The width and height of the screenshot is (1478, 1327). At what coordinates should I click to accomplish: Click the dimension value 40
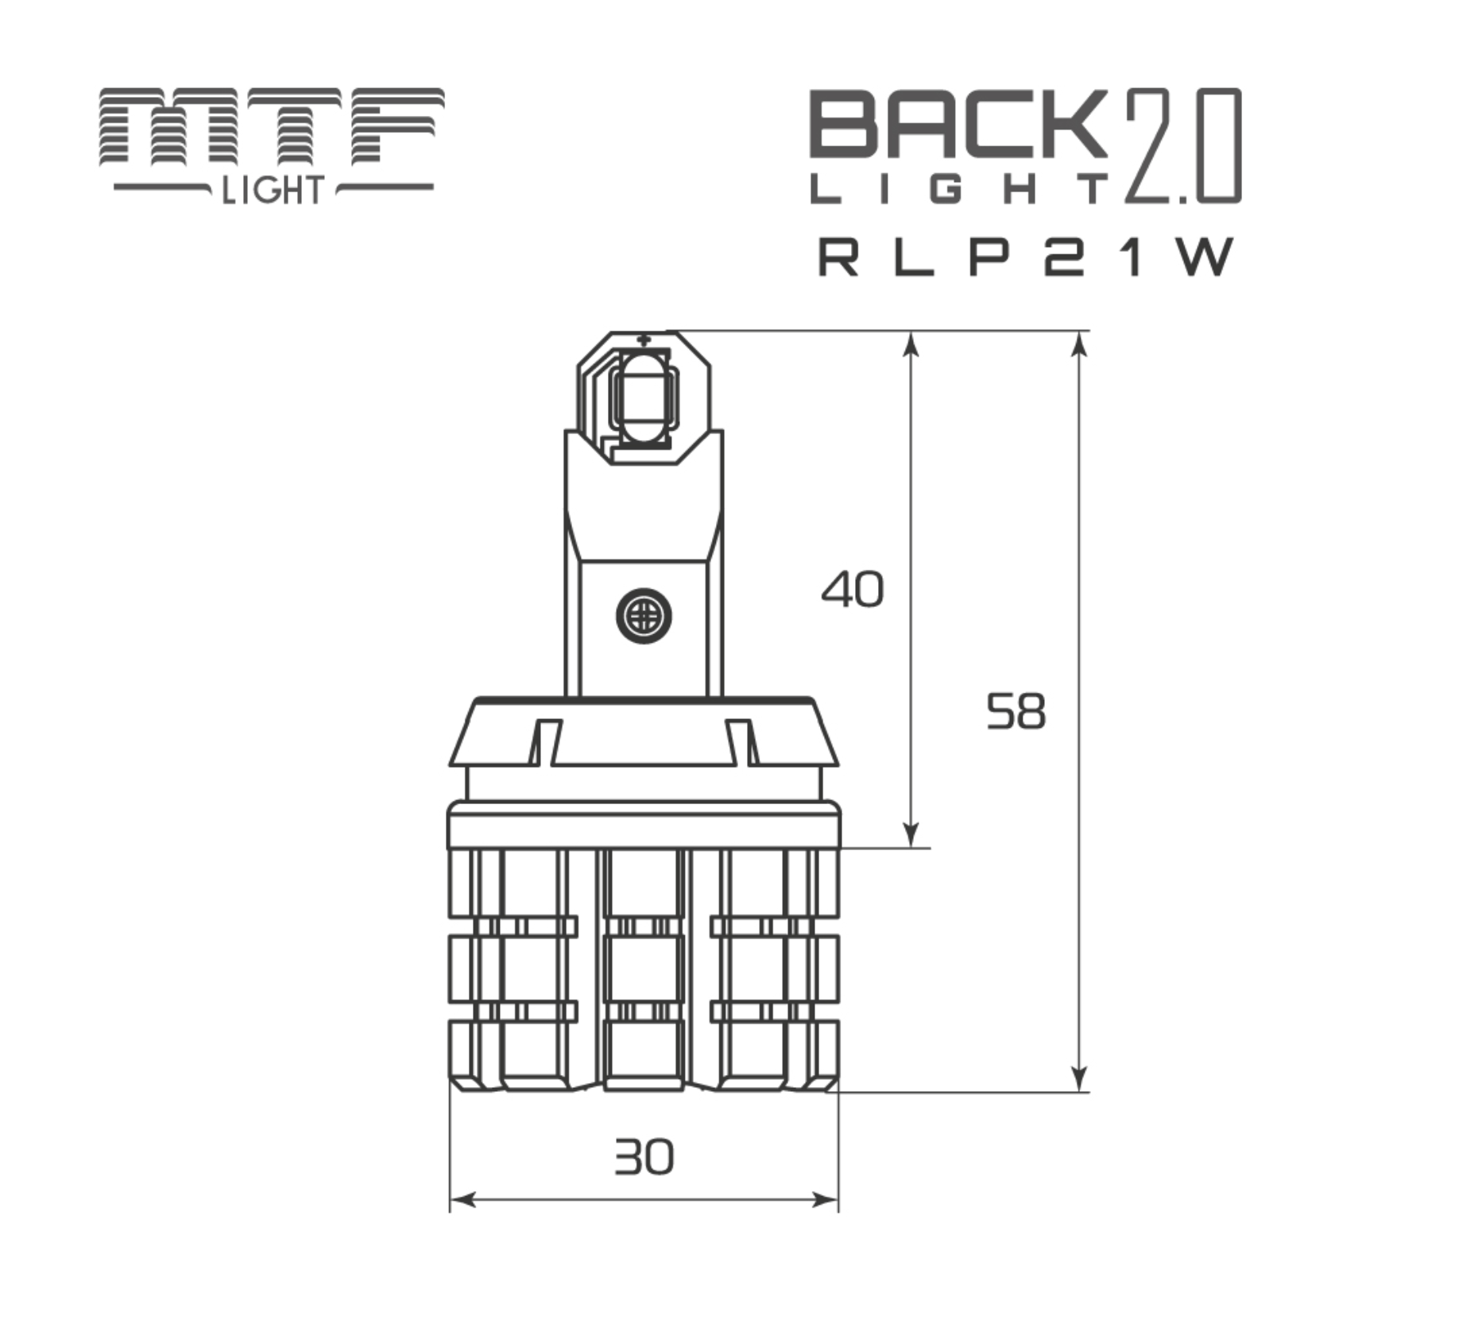(852, 590)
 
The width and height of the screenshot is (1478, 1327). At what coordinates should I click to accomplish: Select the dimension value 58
(1016, 711)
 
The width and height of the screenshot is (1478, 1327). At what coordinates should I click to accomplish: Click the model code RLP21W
(1026, 257)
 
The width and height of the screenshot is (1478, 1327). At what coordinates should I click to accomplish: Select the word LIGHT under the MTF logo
(273, 191)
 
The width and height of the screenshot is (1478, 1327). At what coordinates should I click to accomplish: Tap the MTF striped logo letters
(271, 127)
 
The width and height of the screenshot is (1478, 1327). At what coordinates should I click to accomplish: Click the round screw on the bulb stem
(644, 616)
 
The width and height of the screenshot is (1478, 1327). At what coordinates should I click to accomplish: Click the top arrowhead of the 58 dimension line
(1078, 342)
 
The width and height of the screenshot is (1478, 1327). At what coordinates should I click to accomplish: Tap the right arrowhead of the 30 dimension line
(828, 1200)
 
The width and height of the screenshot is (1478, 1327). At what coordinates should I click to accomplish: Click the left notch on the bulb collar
(545, 741)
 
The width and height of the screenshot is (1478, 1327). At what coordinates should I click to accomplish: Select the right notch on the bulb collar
(741, 741)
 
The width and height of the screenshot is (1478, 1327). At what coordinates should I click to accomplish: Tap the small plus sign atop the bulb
(644, 339)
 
